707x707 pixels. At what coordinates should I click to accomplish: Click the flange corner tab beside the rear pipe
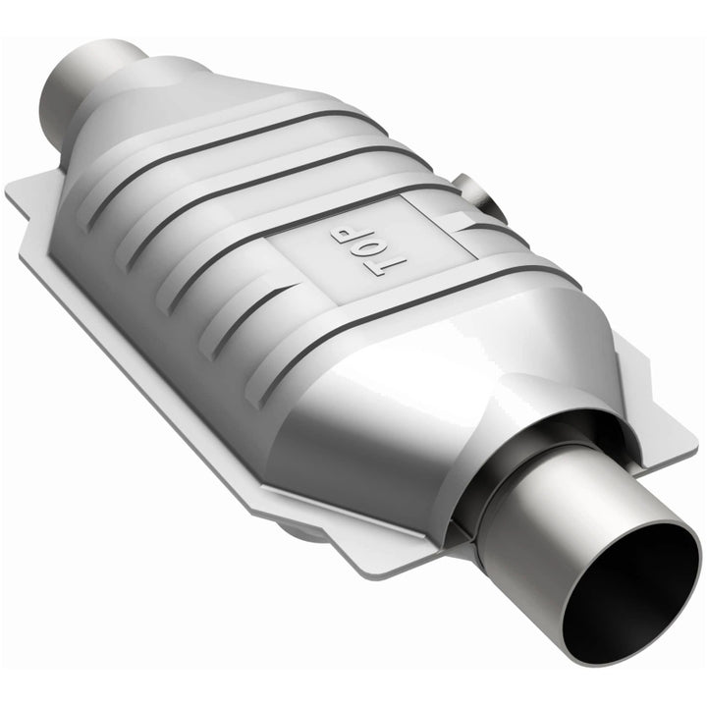[29, 191]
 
